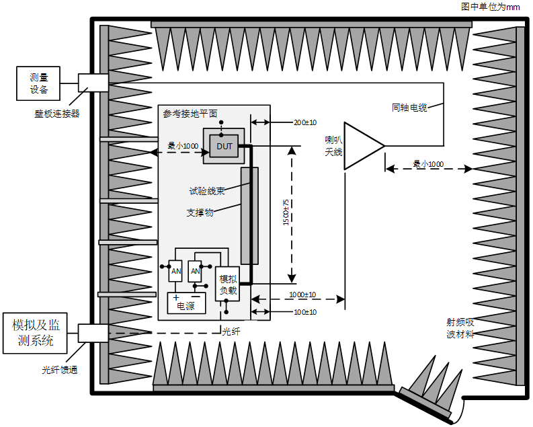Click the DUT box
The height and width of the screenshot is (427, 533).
224,146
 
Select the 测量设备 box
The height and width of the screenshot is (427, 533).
38,83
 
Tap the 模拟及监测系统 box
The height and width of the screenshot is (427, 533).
35,333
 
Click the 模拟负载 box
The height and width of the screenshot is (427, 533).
227,284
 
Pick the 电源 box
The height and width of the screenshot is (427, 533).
186,303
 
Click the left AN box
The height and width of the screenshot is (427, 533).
175,271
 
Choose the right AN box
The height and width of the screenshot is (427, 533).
195,271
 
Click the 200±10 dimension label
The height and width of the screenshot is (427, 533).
305,122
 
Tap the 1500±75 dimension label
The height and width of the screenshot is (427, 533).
286,212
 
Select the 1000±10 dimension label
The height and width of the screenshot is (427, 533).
302,295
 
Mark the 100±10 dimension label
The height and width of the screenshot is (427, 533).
305,312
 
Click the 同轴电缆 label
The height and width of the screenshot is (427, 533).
409,108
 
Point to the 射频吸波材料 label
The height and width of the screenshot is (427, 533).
460,328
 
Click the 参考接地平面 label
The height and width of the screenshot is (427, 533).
190,114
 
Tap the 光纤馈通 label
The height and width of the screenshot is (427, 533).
60,370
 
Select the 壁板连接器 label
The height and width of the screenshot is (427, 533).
56,114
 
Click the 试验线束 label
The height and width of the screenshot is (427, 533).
207,191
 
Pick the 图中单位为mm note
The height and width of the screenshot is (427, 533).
490,7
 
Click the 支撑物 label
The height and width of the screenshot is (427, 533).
200,212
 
